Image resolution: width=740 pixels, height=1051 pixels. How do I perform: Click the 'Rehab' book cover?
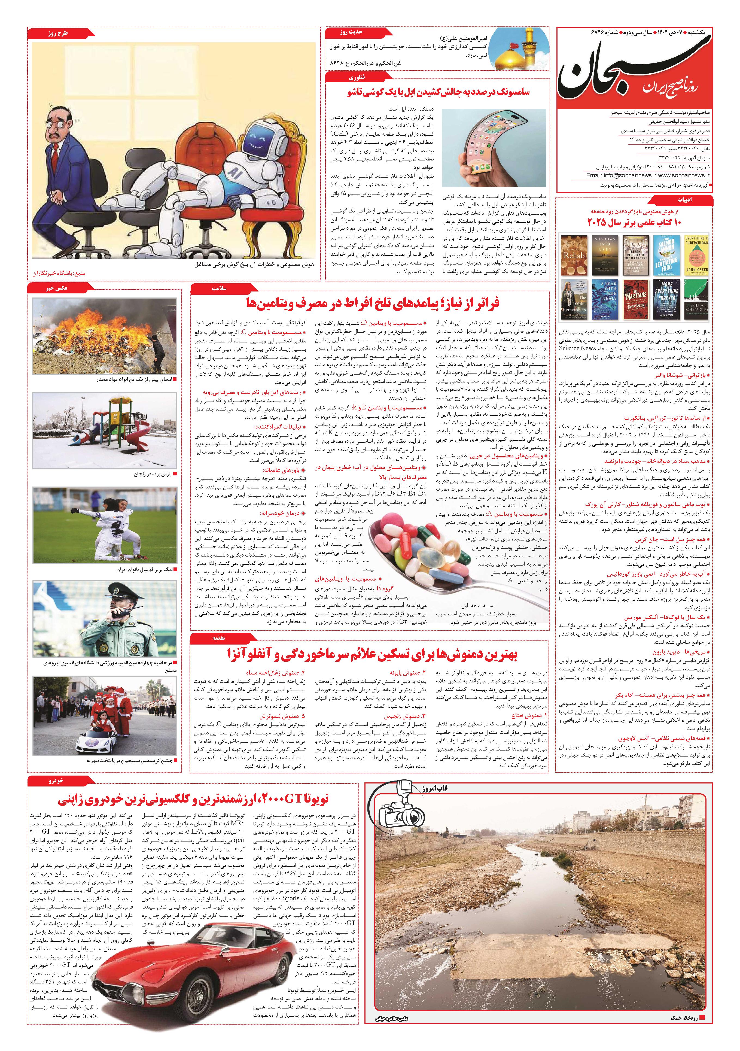click(574, 255)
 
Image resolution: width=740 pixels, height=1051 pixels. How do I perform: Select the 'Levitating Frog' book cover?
click(666, 255)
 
